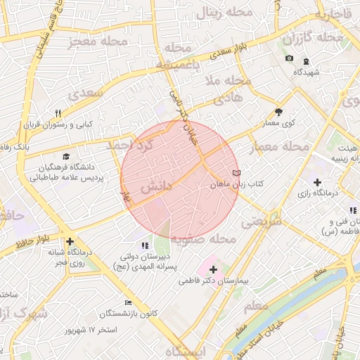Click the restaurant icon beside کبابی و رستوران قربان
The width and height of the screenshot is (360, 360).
(58, 113)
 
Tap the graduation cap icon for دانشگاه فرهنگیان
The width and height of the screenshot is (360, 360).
(66, 157)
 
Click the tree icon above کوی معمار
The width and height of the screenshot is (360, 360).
(279, 112)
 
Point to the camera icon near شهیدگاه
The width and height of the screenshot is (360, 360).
(289, 58)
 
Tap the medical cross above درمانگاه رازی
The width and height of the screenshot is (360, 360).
(317, 182)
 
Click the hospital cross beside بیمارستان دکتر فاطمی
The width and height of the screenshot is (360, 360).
(214, 269)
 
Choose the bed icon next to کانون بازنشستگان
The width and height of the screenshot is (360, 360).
(127, 302)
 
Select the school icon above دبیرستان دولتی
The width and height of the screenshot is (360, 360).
(145, 245)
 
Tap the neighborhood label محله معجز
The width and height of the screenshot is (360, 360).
(98, 41)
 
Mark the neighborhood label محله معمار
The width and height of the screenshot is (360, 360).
(279, 147)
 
